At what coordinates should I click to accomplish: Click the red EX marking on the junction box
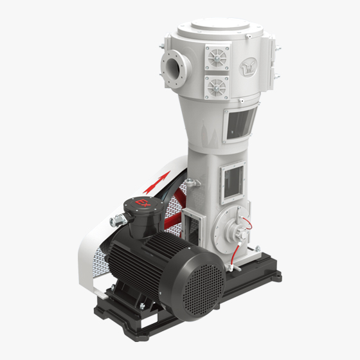(143, 203)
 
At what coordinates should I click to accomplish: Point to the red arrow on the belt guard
(157, 183)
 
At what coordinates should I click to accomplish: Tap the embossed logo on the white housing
(248, 67)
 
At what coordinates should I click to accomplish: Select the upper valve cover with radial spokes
(217, 57)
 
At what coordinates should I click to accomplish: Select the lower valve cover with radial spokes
(217, 87)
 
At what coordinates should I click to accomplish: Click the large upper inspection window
(240, 123)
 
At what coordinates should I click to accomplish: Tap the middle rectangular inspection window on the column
(233, 181)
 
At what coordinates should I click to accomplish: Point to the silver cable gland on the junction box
(118, 221)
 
